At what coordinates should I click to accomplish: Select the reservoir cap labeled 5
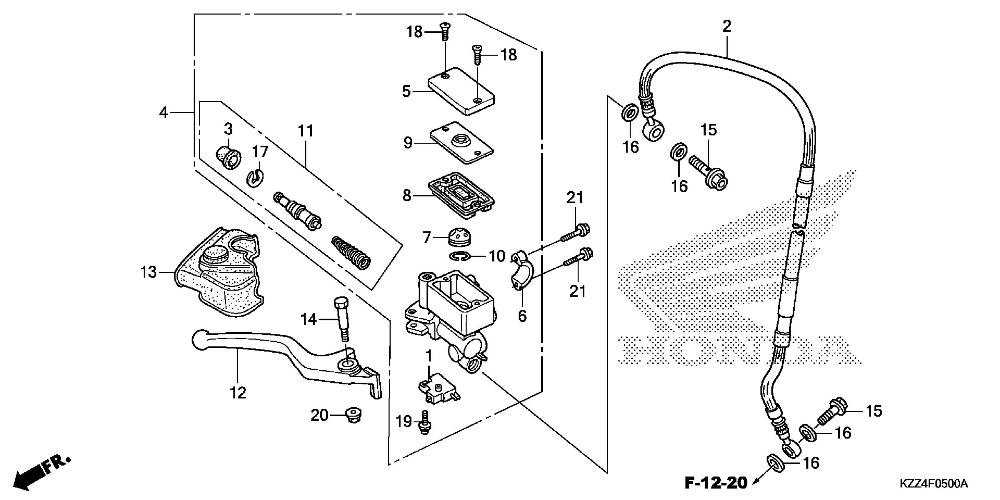point(461,91)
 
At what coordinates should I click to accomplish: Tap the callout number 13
point(148,273)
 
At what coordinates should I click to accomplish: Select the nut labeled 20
point(353,416)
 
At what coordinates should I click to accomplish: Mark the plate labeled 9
point(461,142)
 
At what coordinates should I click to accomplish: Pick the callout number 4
point(164,113)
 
